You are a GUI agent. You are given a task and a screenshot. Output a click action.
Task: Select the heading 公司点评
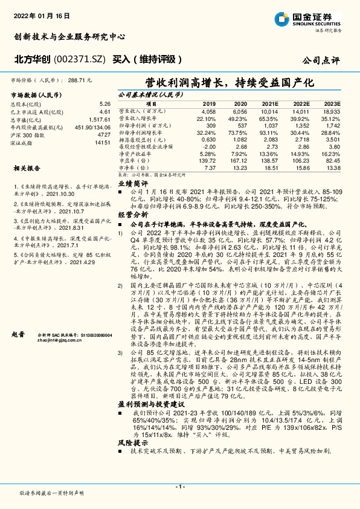323,60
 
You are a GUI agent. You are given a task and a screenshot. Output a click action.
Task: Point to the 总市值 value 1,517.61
99,120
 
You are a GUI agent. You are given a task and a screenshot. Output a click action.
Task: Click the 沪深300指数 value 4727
104,135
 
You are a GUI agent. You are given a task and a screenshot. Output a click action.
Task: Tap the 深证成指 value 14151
102,143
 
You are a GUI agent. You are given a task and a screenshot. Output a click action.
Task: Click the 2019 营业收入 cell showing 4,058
207,112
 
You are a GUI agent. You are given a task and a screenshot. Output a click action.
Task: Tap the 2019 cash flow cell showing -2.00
209,146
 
